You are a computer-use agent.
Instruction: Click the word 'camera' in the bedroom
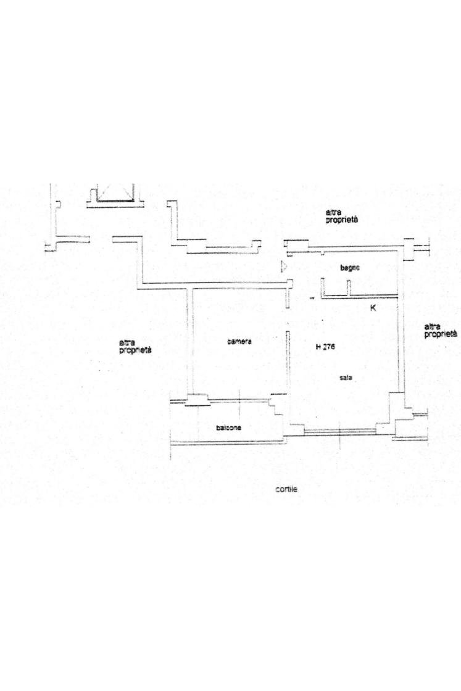(239, 342)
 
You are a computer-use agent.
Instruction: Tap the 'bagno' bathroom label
(351, 268)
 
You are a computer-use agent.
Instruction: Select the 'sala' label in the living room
(346, 378)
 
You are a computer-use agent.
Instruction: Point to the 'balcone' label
(228, 428)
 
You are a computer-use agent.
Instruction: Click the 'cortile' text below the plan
(286, 489)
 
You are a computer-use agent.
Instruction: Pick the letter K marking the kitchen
(373, 308)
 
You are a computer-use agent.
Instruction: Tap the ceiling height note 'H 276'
(325, 347)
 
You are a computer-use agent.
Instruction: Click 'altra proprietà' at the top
(341, 216)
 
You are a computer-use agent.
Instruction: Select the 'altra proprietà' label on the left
(135, 347)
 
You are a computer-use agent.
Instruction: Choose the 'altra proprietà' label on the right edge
(440, 331)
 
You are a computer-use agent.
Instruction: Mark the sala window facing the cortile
(340, 431)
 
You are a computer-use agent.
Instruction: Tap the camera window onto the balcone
(239, 400)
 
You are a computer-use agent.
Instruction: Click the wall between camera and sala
(288, 361)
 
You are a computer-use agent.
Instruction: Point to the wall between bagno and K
(360, 297)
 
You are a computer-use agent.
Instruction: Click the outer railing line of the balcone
(227, 442)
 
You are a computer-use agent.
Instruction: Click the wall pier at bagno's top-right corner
(409, 249)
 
